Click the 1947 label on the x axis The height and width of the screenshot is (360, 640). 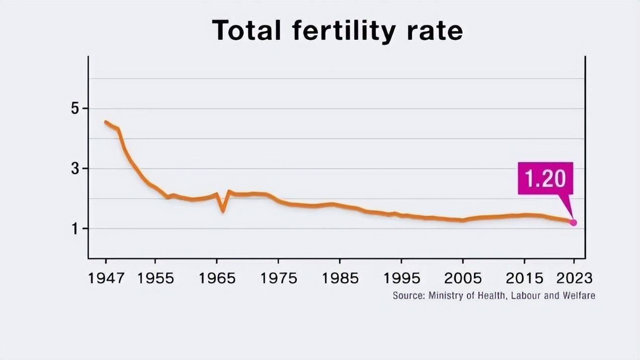106,278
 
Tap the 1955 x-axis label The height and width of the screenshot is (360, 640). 155,278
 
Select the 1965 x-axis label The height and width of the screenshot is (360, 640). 217,278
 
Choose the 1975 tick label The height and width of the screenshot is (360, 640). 278,278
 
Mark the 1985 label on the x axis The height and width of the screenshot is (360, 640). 340,278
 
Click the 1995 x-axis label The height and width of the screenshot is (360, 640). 402,278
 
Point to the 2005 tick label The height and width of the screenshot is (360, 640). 463,278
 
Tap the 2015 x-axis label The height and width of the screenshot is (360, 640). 524,278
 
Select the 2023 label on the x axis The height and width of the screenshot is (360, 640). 574,278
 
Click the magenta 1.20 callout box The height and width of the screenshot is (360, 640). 545,178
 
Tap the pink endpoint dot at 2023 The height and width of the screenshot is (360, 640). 573,222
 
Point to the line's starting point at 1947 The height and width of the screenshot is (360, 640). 106,122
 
